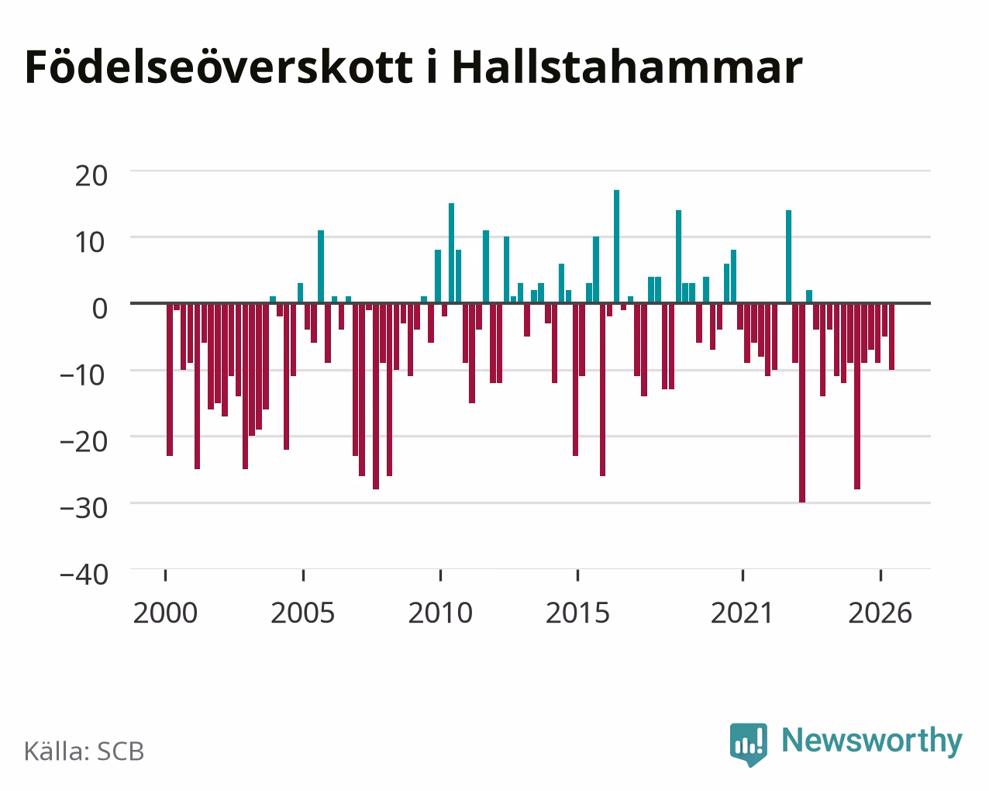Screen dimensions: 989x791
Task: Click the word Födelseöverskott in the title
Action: (x=219, y=67)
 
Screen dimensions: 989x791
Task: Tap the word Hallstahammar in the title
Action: (x=627, y=67)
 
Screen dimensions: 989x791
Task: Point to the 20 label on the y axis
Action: (x=91, y=176)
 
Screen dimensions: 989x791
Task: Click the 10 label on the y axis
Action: (x=91, y=243)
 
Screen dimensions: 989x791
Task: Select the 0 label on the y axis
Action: (x=100, y=309)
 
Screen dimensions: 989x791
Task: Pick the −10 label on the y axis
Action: (x=84, y=375)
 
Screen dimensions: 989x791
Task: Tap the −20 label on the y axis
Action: (x=84, y=441)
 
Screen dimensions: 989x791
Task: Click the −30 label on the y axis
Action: (x=84, y=508)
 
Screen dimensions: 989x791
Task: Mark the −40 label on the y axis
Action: (x=84, y=575)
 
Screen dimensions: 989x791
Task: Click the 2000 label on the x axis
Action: (x=165, y=613)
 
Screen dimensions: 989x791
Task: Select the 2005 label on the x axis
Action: (x=302, y=613)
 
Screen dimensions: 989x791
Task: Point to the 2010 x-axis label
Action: (x=440, y=613)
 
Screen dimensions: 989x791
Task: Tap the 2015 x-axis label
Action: (x=577, y=613)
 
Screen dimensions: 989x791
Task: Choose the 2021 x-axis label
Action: (x=743, y=613)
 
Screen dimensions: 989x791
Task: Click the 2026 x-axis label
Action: (x=880, y=613)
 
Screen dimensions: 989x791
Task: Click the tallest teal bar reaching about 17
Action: (x=616, y=247)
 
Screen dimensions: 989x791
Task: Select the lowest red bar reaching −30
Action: (x=802, y=402)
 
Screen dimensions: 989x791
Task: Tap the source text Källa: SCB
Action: (x=84, y=751)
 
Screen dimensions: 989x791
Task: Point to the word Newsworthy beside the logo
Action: (x=872, y=741)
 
